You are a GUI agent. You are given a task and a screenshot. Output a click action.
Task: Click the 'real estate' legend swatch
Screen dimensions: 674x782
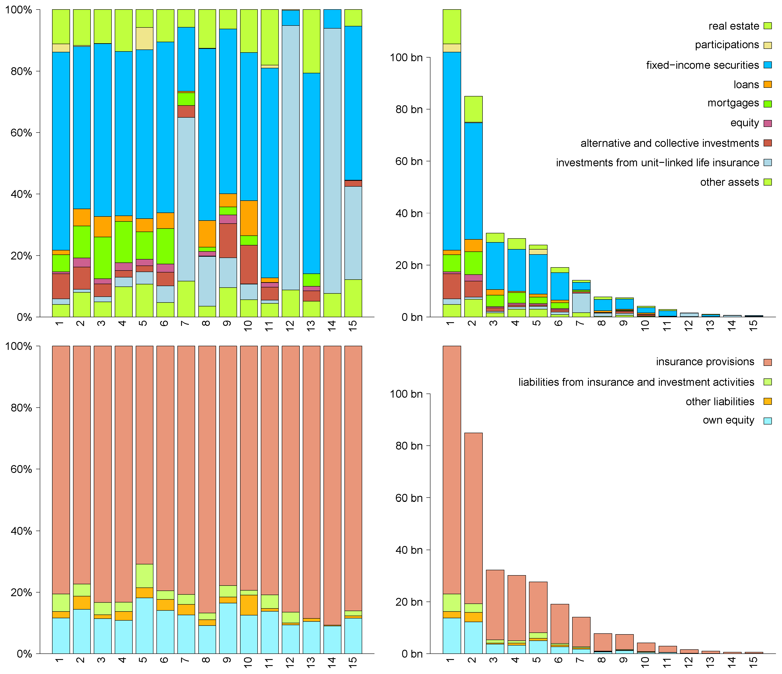(x=767, y=26)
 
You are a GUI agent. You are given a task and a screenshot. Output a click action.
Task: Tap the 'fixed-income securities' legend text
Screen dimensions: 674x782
(x=702, y=65)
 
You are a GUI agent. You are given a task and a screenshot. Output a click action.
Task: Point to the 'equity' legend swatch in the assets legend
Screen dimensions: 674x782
(x=767, y=123)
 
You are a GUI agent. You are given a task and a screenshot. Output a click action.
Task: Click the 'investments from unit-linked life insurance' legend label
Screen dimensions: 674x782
(x=657, y=163)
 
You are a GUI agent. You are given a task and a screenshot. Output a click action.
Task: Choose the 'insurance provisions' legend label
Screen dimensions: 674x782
(x=705, y=362)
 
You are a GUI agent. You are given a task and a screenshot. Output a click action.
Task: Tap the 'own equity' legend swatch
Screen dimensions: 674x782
(x=767, y=421)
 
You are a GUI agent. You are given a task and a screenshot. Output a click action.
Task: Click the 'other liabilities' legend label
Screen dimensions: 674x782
(x=720, y=401)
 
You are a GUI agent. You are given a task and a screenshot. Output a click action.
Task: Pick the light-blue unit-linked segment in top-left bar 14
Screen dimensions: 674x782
(x=332, y=160)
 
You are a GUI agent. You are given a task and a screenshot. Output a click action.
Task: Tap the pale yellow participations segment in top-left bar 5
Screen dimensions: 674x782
(x=145, y=38)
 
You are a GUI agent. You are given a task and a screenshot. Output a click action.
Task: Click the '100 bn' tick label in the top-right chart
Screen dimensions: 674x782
(x=406, y=58)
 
